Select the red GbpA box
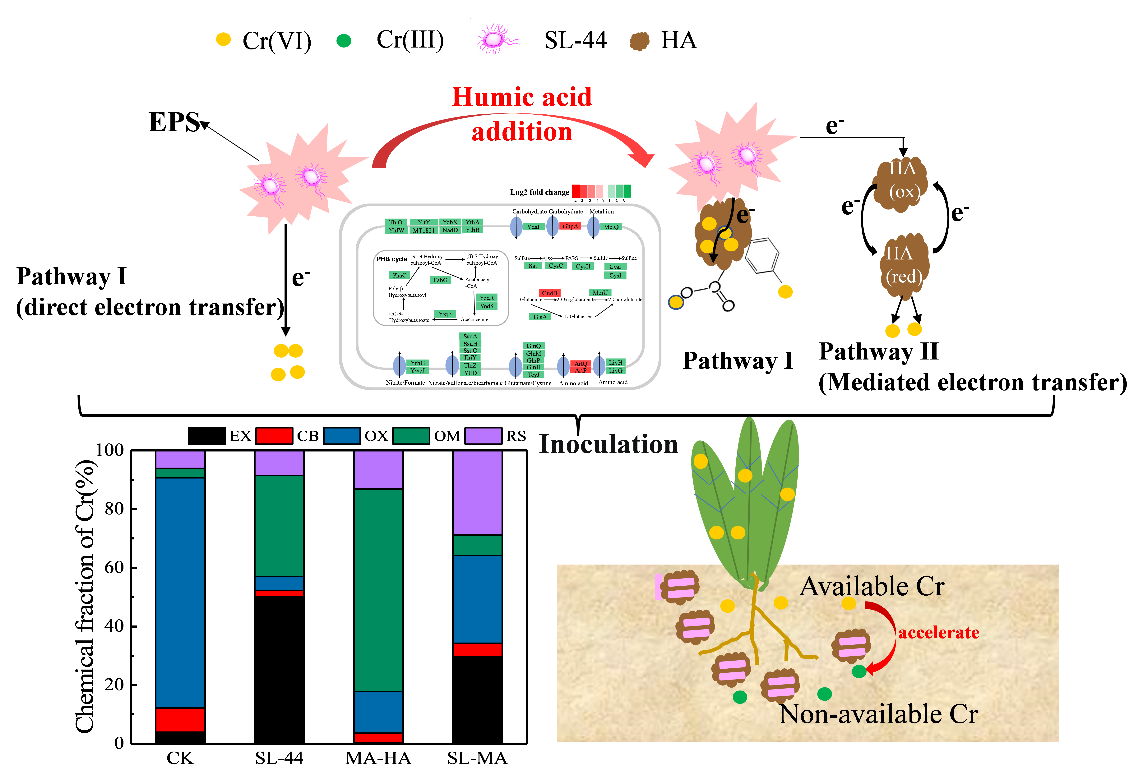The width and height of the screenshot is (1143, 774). click(x=570, y=226)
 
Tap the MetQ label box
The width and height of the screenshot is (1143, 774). click(x=611, y=227)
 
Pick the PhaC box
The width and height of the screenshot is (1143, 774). click(x=399, y=275)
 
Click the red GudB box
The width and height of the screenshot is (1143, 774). click(x=549, y=293)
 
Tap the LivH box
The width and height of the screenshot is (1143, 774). click(x=615, y=362)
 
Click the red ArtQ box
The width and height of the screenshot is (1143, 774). click(x=581, y=363)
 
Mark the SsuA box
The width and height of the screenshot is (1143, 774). click(x=470, y=336)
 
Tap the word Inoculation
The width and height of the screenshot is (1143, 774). click(x=608, y=444)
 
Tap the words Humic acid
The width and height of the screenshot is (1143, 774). click(x=522, y=96)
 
